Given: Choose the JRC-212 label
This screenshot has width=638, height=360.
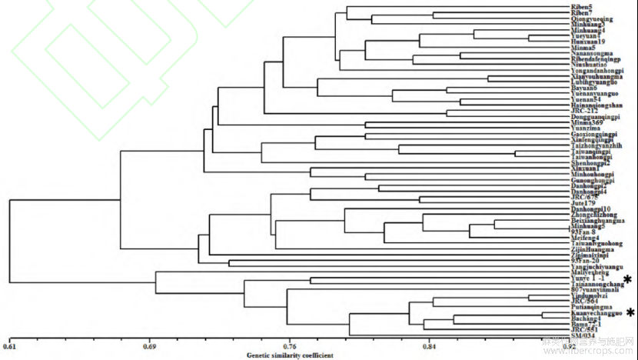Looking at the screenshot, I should (583, 111).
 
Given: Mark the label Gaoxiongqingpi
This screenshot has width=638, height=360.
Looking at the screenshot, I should (593, 135).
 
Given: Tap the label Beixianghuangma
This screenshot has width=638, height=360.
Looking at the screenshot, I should (597, 220).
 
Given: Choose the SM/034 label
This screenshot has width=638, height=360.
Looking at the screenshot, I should (582, 335).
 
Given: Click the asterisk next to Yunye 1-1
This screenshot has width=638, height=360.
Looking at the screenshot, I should (628, 279).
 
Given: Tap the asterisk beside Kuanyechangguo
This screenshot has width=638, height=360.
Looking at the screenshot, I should (630, 312).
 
